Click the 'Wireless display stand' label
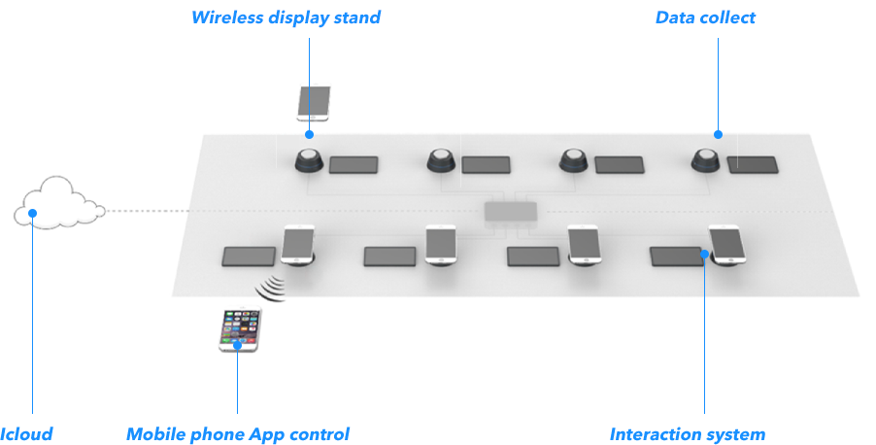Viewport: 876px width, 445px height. pos(285,17)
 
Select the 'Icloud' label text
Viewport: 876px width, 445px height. pos(26,434)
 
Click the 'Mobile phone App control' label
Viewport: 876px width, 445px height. pos(237,434)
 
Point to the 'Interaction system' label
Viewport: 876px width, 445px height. pos(687,434)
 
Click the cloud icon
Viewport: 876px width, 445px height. pos(59,203)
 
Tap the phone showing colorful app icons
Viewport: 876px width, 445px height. pos(240,330)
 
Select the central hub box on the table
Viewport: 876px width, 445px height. pos(510,212)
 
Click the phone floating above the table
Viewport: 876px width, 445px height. pos(313,103)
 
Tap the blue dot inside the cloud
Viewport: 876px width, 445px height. pos(32,213)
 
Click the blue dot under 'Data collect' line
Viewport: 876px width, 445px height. pos(719,134)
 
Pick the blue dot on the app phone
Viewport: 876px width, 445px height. pos(237,344)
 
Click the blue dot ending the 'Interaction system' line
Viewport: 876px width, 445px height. pos(704,254)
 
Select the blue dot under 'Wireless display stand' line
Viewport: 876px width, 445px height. pos(310,134)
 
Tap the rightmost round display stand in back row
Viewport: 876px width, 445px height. pos(706,160)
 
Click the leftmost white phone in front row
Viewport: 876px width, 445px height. pos(298,245)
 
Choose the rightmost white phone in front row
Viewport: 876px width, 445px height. pos(726,245)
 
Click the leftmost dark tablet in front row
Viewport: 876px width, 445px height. pos(249,257)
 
